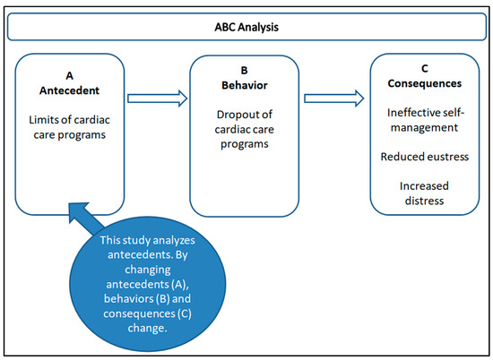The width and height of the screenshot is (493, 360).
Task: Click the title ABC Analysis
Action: pos(246,27)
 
